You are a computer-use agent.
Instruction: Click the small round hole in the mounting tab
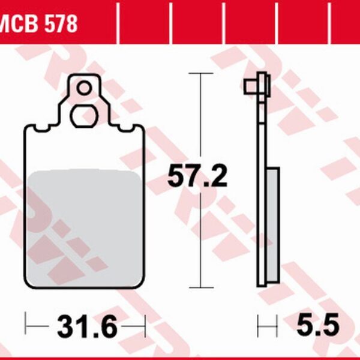click(x=85, y=89)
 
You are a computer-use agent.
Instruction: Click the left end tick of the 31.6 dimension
click(x=26, y=328)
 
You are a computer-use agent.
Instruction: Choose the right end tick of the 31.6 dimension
click(x=145, y=328)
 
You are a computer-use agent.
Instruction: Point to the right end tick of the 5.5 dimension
click(x=277, y=328)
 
